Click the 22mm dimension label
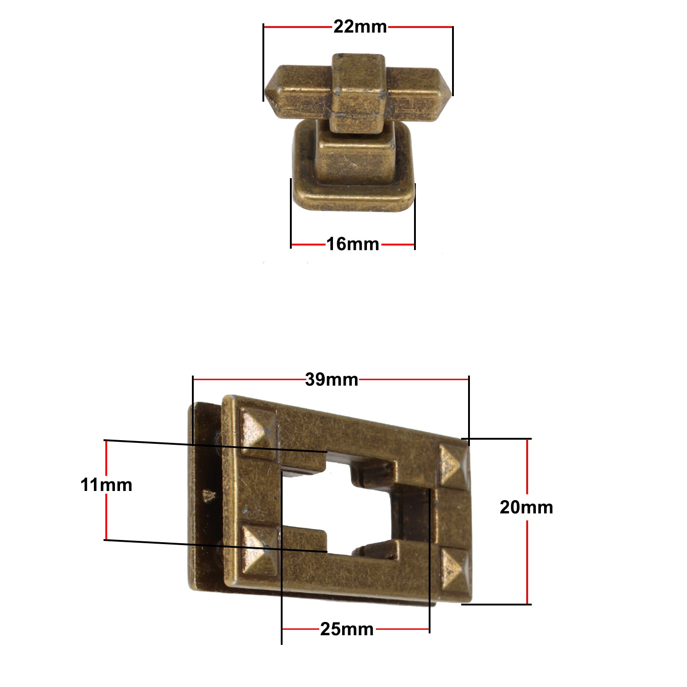360,27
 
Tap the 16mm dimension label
353,244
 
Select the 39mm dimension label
332,380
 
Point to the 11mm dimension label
106,485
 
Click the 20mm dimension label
526,507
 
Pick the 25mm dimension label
347,629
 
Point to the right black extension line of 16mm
415,215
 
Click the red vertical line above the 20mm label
527,467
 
